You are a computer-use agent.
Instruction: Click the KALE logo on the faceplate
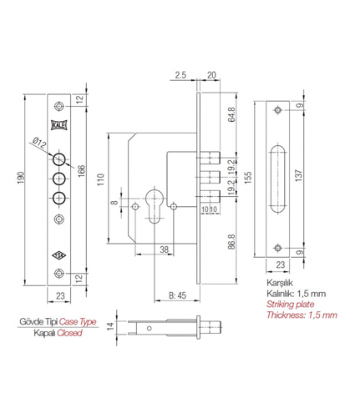(59, 125)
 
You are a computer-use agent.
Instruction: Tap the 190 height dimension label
(21, 178)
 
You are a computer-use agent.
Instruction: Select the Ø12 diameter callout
(39, 144)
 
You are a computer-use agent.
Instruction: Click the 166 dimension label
(81, 171)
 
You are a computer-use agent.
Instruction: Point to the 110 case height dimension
(101, 179)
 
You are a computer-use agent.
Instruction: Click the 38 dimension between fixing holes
(165, 249)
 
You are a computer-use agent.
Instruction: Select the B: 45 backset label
(178, 295)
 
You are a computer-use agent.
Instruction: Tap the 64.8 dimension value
(231, 114)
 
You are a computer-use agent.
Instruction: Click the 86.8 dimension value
(231, 241)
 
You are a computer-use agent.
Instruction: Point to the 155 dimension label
(247, 177)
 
